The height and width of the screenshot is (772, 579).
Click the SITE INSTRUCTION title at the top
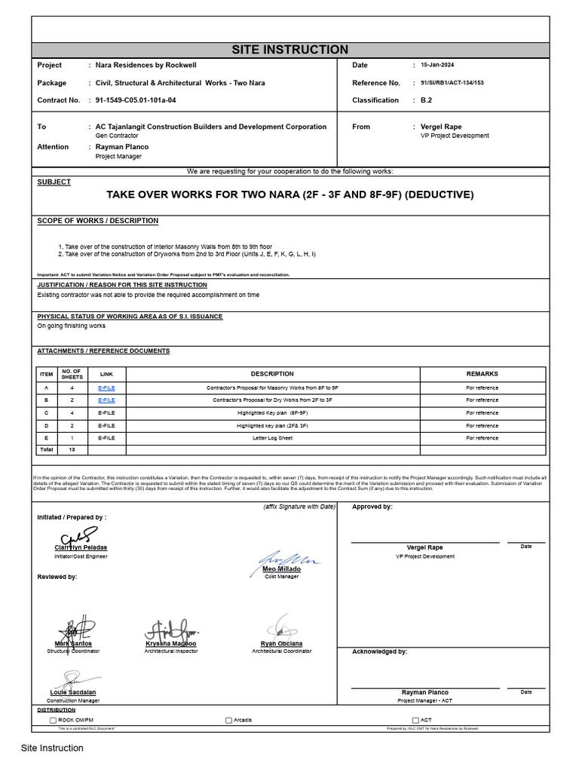289,50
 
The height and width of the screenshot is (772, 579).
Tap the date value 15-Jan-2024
437,66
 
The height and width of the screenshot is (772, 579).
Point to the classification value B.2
425,100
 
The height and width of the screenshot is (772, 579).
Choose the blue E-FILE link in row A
107,388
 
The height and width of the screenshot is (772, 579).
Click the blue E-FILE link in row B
107,400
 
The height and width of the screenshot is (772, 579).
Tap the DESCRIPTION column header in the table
272,374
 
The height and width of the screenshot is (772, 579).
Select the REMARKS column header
482,374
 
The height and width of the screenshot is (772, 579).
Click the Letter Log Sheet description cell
272,438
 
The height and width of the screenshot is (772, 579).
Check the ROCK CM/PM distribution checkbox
53,721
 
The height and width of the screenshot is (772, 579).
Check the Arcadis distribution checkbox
228,721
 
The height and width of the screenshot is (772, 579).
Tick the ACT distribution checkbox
415,721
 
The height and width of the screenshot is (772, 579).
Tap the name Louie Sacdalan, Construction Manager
73,692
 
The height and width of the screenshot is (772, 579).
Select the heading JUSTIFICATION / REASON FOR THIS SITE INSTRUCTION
122,285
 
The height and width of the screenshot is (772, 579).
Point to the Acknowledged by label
380,651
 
